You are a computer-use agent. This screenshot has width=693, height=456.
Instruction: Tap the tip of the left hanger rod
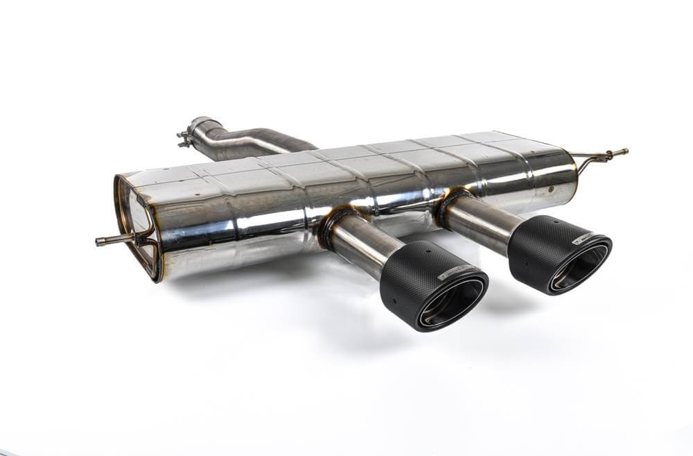(98, 242)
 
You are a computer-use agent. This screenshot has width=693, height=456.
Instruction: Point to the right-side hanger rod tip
(625, 151)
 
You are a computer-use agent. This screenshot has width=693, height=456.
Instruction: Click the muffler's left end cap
(135, 226)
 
